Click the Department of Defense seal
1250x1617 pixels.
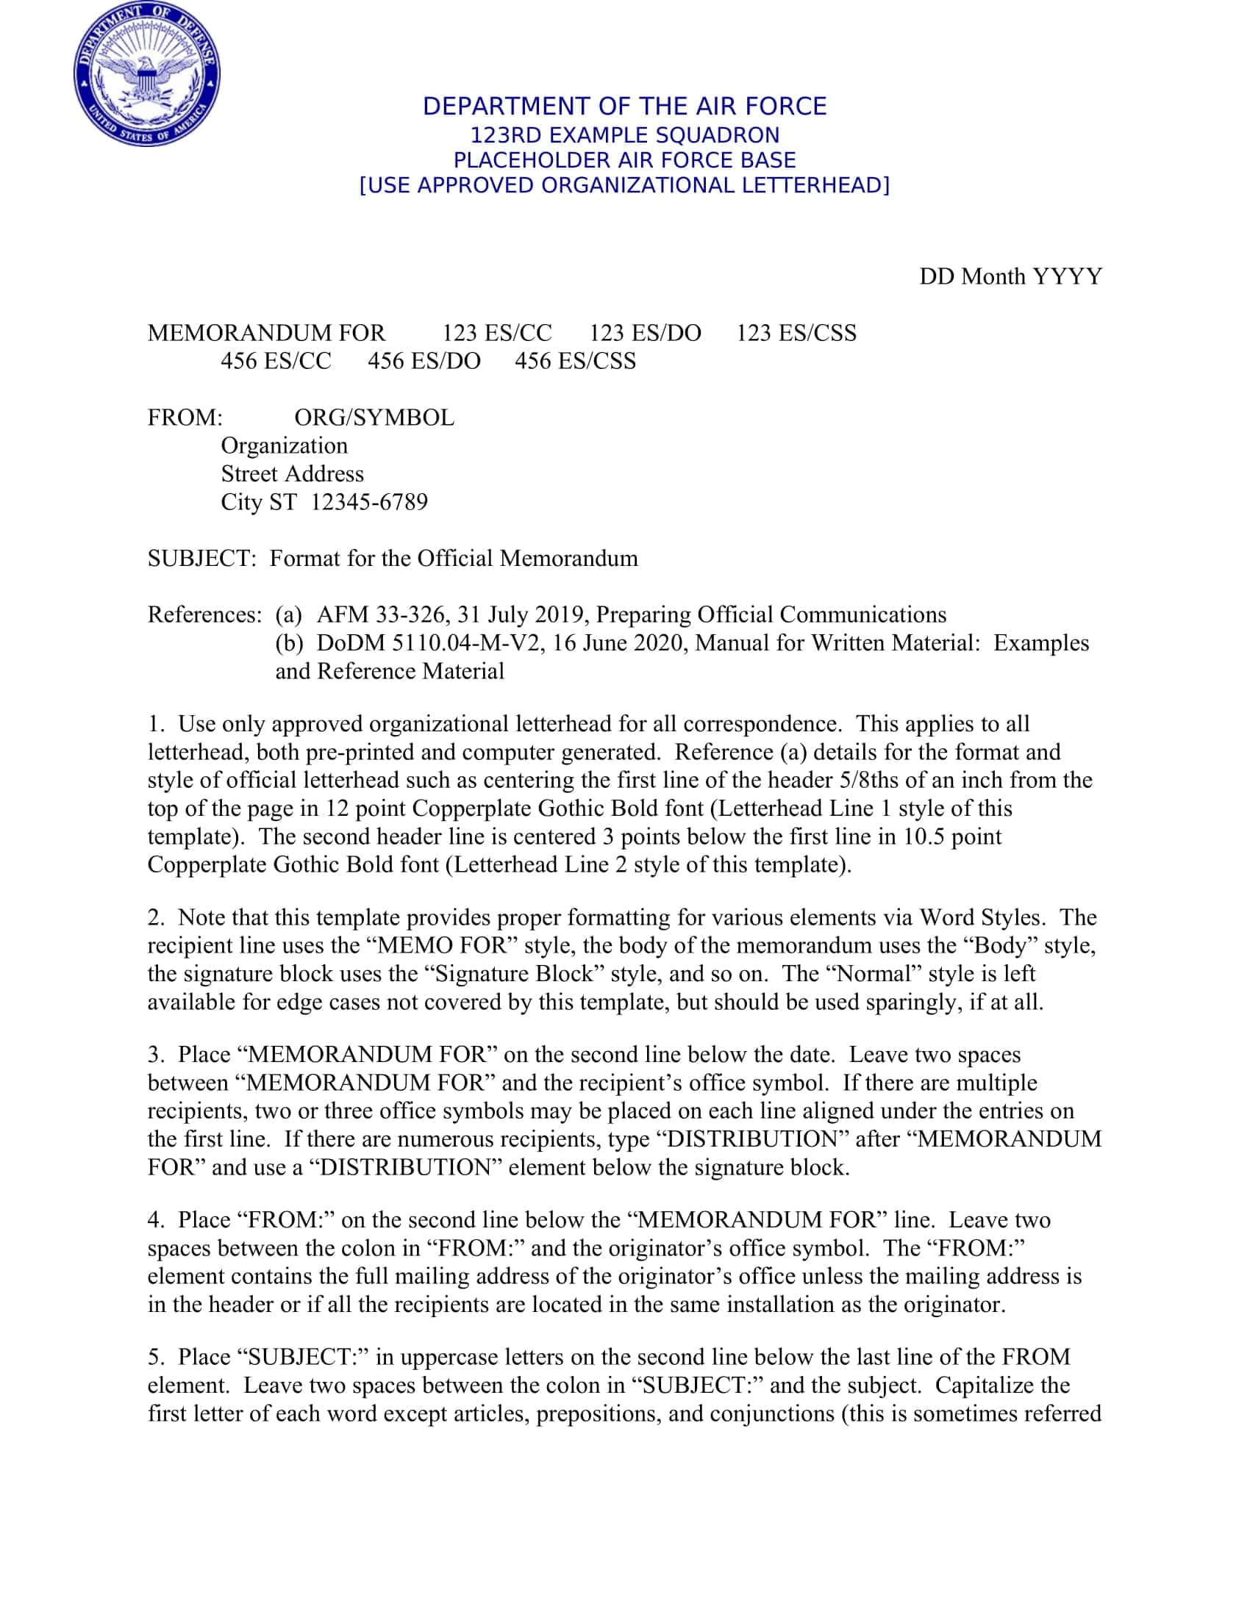[x=146, y=74]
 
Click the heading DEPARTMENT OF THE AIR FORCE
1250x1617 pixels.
[x=624, y=107]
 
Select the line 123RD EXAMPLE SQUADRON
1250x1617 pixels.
[x=624, y=135]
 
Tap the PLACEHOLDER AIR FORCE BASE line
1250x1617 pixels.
[x=624, y=160]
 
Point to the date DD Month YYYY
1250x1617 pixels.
[x=1010, y=277]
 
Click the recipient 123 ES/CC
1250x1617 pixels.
[x=497, y=333]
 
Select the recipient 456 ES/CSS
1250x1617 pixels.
[x=575, y=362]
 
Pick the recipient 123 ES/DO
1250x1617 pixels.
[x=644, y=333]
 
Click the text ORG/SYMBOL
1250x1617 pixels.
[x=374, y=417]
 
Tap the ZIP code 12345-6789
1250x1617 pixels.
[x=369, y=502]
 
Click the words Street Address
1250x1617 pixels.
[x=292, y=474]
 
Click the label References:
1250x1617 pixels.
[x=204, y=614]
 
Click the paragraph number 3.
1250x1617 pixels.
[x=154, y=1054]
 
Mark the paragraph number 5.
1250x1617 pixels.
[x=154, y=1356]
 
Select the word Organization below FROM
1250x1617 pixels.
[x=284, y=445]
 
